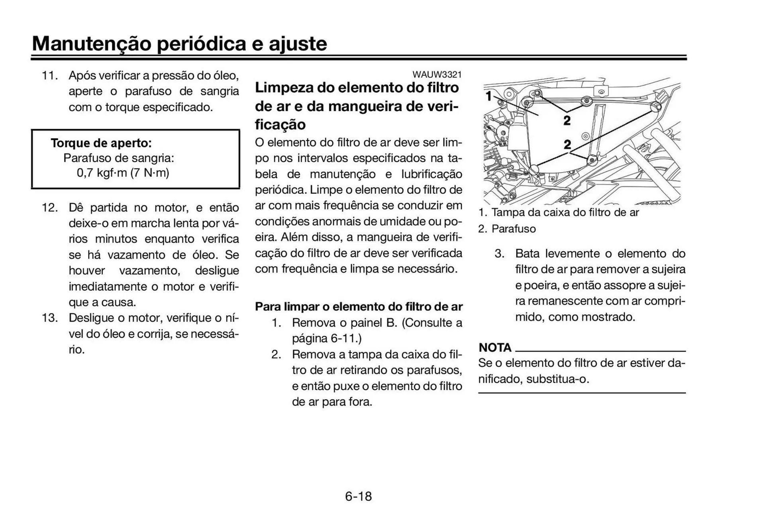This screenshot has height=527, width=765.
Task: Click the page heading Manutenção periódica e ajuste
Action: (x=179, y=43)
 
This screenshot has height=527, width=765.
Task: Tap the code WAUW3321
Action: (x=437, y=74)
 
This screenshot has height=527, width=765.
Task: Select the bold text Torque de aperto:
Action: (x=101, y=143)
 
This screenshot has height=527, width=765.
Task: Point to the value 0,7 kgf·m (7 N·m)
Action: (x=123, y=173)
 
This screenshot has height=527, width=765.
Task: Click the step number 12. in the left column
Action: (x=50, y=208)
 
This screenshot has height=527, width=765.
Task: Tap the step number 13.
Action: (x=50, y=318)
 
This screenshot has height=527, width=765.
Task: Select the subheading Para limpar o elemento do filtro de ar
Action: (x=359, y=307)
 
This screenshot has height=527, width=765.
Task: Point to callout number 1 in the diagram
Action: (x=489, y=96)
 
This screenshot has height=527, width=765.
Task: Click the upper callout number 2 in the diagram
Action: (x=567, y=120)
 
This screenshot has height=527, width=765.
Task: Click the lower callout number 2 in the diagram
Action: (x=567, y=144)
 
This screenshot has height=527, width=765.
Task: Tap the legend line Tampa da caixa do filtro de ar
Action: (x=565, y=213)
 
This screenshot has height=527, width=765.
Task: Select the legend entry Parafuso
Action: (x=514, y=229)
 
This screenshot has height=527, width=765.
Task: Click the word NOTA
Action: (x=495, y=348)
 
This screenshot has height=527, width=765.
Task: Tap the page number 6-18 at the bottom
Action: (x=358, y=496)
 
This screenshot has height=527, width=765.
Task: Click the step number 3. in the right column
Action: (x=499, y=254)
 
